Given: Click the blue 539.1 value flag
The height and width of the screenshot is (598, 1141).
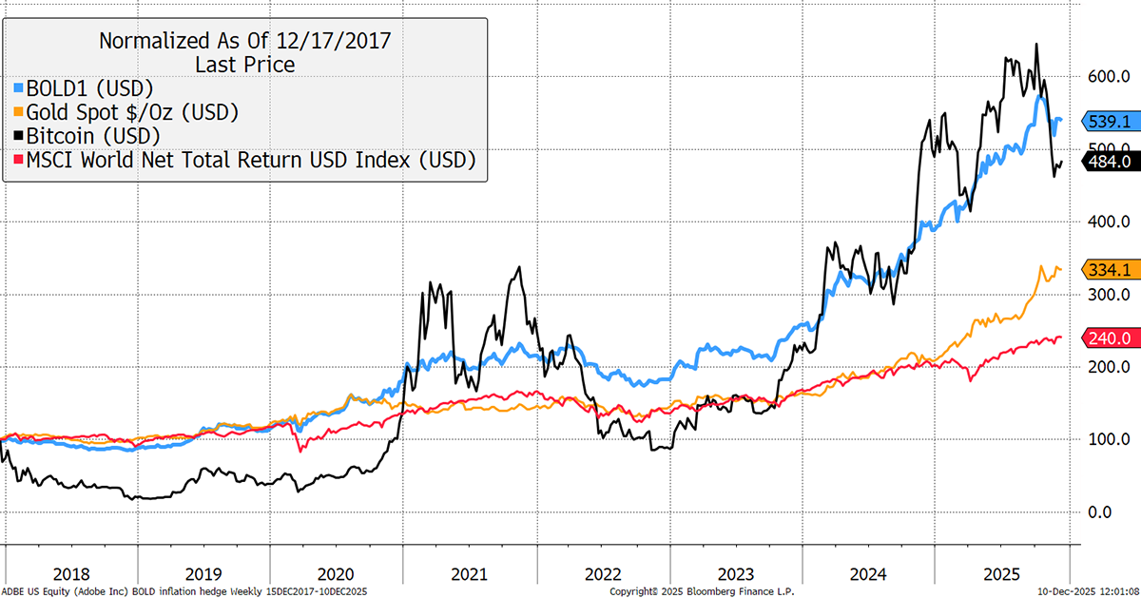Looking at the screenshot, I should point(1108,122).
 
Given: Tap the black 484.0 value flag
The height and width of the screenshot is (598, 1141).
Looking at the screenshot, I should point(1108,162).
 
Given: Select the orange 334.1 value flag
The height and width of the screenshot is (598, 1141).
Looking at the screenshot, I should point(1108,270).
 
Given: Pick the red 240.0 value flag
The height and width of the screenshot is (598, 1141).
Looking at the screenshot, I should point(1108,338).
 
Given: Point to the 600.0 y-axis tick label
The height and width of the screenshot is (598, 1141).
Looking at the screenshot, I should point(1107,77).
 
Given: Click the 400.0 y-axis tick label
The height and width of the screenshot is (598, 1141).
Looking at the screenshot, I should point(1107,222).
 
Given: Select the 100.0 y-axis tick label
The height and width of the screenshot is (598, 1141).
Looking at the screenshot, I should point(1107,439).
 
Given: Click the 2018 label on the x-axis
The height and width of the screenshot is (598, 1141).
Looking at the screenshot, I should point(72,574).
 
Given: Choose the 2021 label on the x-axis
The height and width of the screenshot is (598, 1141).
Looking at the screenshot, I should point(470,574).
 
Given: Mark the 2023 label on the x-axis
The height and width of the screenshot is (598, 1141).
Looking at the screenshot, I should point(736,574).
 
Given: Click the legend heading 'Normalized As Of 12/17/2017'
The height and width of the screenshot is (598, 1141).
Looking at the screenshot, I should point(244,41).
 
